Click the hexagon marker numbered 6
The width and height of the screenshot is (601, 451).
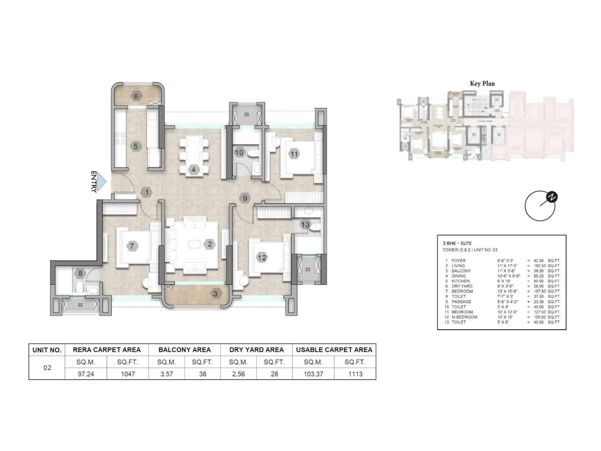tap(136, 97)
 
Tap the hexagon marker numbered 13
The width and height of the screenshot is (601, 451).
tap(305, 225)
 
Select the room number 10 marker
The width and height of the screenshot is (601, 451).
tap(239, 153)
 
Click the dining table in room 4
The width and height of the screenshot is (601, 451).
tap(194, 155)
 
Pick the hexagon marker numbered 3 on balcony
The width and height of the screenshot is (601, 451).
tap(215, 294)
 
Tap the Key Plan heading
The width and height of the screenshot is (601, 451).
tap(482, 83)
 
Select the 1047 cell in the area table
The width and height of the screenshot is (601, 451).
tap(128, 374)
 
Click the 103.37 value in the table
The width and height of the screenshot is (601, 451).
tap(313, 374)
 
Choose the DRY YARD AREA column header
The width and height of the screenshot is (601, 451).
tap(256, 350)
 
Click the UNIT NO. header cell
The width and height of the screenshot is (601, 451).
tap(47, 350)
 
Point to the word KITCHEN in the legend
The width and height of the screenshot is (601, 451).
tap(461, 281)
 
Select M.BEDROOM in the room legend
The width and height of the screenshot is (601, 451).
tap(464, 317)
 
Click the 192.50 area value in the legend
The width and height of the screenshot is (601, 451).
tap(539, 266)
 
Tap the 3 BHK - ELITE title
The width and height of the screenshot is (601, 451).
tap(457, 243)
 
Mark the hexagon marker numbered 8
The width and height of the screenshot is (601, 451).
tap(80, 274)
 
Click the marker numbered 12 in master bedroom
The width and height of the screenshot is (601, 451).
tap(261, 257)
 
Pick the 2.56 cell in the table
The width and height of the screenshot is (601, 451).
tap(239, 374)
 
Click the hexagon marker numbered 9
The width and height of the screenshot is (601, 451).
tap(245, 198)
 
